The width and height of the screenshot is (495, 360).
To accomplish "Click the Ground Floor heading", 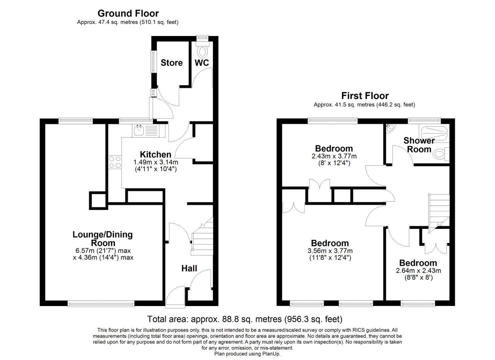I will pos(128,13).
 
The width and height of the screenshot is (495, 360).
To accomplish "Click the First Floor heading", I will pos(365,96).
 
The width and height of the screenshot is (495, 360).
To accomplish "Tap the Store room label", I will pos(171,63).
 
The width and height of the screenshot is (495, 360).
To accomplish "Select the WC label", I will pos(202,63).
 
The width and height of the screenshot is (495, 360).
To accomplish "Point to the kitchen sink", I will pos(139,130).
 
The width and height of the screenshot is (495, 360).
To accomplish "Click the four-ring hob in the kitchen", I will pos(115,162).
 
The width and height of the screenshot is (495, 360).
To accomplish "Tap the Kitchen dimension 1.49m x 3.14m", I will pos(156,162).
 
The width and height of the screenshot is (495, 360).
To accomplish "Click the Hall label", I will pos(189,268).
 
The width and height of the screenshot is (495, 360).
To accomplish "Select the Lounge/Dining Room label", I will pos(103,239).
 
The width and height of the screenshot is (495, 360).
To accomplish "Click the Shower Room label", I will pos(419,145).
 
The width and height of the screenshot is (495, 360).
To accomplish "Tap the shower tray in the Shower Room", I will pos(434,132).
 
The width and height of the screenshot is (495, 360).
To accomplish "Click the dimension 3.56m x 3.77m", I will pos(330,251).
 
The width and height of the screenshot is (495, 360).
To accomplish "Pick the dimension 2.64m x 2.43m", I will pos(418,271).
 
